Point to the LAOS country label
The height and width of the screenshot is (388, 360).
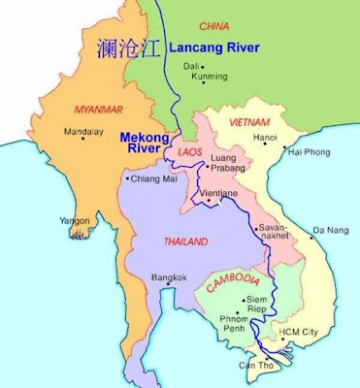pos(188,152)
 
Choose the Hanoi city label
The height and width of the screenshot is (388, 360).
pos(265,138)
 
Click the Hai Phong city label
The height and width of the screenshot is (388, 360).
pos(310,152)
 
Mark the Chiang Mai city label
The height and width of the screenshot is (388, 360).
pos(154,178)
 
